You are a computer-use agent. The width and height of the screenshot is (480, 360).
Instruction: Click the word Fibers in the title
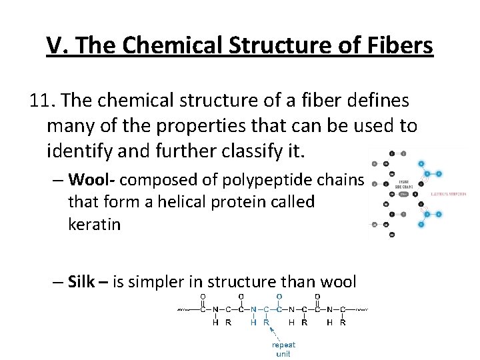click(399, 45)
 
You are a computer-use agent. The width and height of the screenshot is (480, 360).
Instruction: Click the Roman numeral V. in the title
click(57, 45)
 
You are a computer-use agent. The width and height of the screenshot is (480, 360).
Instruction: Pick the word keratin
click(94, 224)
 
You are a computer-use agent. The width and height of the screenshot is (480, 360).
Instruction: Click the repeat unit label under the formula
click(283, 349)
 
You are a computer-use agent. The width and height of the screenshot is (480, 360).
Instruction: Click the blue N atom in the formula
click(253, 309)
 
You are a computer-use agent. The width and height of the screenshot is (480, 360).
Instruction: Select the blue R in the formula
click(267, 323)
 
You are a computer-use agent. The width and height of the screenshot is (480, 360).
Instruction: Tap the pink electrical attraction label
click(447, 193)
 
